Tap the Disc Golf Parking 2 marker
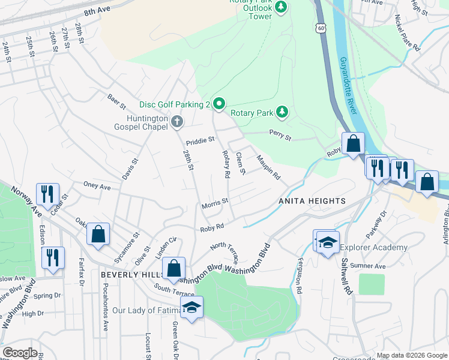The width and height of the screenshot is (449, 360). [x=219, y=104]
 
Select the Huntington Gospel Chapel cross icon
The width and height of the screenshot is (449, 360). [x=176, y=122]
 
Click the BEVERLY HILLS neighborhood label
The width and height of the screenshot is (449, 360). [x=133, y=274]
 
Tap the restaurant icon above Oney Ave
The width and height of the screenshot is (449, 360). [x=47, y=193]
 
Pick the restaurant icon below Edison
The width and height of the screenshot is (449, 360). [x=53, y=257]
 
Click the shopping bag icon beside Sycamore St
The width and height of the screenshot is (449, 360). [x=98, y=235]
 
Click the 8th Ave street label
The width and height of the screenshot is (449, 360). [x=97, y=11]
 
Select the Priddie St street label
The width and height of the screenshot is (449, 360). [x=200, y=140]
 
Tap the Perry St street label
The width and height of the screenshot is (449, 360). [x=280, y=137]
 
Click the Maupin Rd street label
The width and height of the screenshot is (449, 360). [x=268, y=168]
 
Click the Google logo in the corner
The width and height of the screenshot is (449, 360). [x=20, y=353]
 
